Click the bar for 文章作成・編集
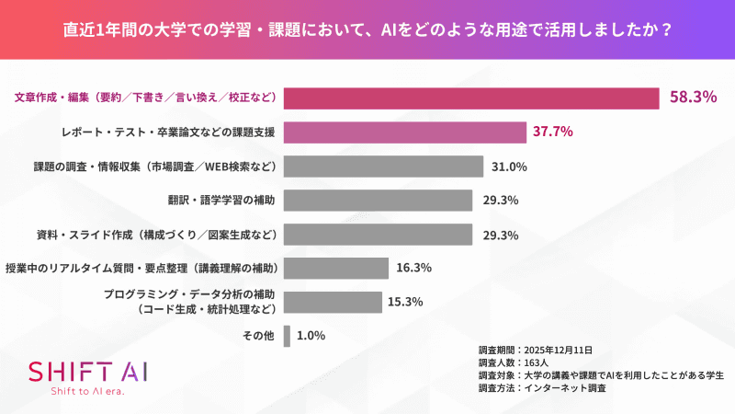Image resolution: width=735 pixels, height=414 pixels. [x=471, y=98]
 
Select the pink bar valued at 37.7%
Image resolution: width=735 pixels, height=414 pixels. [x=404, y=132]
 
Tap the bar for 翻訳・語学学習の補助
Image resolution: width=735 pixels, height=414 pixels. [x=378, y=200]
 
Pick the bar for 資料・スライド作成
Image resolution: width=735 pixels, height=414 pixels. [x=378, y=234]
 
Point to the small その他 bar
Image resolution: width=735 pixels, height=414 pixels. [x=288, y=336]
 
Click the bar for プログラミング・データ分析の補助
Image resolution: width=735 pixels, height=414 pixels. [x=333, y=302]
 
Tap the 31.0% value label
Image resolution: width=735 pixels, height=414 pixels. [x=509, y=167]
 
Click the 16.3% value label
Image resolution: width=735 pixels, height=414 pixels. [x=414, y=268]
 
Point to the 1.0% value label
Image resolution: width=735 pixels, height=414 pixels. [x=311, y=336]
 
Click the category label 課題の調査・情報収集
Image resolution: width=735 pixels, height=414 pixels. [x=155, y=167]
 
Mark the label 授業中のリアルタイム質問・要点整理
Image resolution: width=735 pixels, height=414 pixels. [x=141, y=268]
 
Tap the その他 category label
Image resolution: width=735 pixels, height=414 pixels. [x=259, y=336]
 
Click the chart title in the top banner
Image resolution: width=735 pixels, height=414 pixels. [x=367, y=29]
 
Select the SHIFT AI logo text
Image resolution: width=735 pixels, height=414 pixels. [x=87, y=371]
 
